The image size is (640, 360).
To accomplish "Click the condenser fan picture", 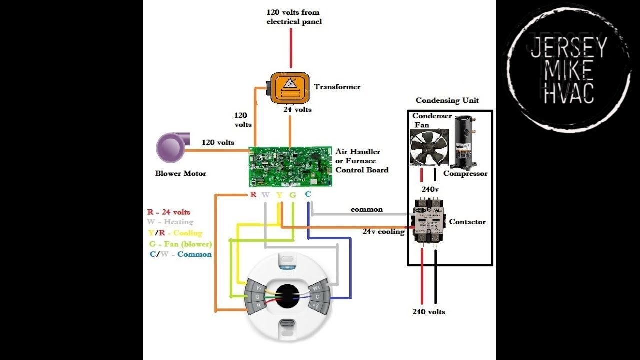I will pyautogui.click(x=426, y=147).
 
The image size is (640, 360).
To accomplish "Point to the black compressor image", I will pyautogui.click(x=463, y=142).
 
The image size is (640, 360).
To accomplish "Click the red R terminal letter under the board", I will pyautogui.click(x=253, y=194).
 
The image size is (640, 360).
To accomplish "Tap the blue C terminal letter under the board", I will pyautogui.click(x=308, y=194).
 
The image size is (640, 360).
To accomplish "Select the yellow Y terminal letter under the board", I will pyautogui.click(x=279, y=194).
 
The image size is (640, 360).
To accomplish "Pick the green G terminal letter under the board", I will pyautogui.click(x=292, y=194).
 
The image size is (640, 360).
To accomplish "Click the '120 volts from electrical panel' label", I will pyautogui.click(x=294, y=17).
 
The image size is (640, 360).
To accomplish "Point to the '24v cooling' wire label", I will pyautogui.click(x=383, y=231).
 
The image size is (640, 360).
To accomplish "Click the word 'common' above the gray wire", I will pyautogui.click(x=366, y=209).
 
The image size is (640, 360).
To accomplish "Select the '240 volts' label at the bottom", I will pyautogui.click(x=428, y=312).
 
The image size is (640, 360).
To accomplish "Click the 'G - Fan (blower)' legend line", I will pyautogui.click(x=180, y=244).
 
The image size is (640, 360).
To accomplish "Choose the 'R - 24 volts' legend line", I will pyautogui.click(x=169, y=212).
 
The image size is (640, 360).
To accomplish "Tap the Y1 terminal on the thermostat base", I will pyautogui.click(x=259, y=288).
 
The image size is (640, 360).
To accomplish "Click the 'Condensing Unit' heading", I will pyautogui.click(x=447, y=100).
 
